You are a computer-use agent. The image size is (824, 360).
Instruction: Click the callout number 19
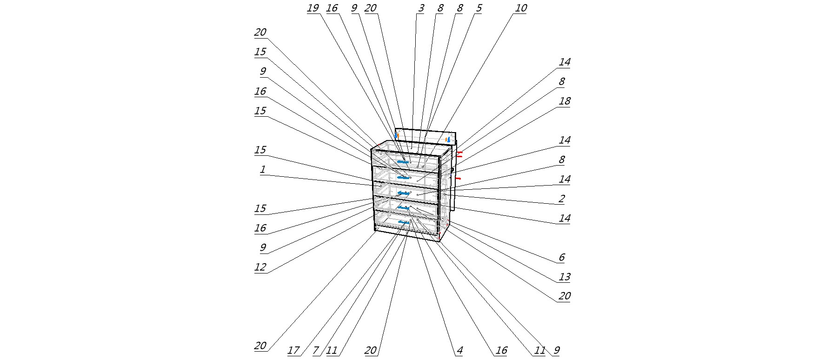[x=312, y=8]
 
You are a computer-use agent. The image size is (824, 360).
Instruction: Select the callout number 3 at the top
[x=420, y=8]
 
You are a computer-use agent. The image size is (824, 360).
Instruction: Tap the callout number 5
[x=478, y=8]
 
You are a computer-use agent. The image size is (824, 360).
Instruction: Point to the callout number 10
[x=520, y=8]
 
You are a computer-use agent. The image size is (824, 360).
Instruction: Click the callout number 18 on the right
[x=564, y=101]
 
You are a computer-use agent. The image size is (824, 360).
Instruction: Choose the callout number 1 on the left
[x=262, y=170]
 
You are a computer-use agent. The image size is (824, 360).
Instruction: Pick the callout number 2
[x=561, y=199]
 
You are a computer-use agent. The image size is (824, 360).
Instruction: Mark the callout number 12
[x=260, y=267]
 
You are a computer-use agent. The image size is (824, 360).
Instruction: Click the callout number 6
[x=561, y=258]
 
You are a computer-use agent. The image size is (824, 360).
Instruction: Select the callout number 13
[x=564, y=277]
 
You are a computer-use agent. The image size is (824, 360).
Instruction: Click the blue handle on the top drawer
[x=403, y=161]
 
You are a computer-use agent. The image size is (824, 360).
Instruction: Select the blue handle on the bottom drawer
[x=403, y=222]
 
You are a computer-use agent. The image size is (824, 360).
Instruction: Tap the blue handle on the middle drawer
[x=403, y=193]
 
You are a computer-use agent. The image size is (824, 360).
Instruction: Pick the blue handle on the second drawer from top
[x=403, y=177]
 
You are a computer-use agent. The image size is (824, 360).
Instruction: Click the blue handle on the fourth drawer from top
[x=403, y=208]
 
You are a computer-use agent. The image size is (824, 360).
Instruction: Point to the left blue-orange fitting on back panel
[x=397, y=135]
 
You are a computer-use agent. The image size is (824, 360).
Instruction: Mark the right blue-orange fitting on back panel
[x=448, y=139]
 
